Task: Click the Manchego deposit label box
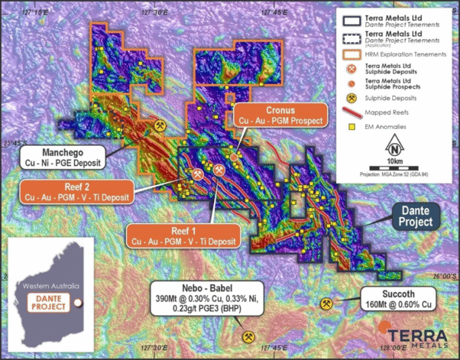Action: tap(65, 156)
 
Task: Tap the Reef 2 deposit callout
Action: tap(75, 191)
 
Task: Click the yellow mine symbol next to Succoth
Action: tap(328, 304)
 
